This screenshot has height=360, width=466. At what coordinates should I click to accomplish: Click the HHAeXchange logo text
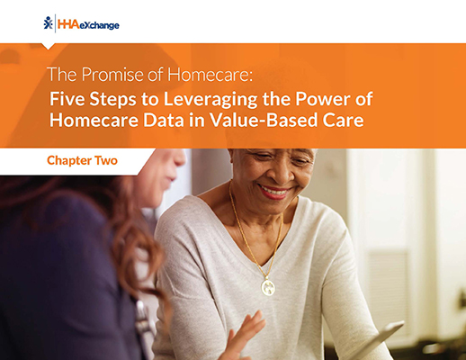click(89, 24)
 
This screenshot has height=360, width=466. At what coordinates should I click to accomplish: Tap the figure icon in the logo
click(48, 22)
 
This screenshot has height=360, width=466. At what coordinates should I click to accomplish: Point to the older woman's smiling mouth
click(275, 192)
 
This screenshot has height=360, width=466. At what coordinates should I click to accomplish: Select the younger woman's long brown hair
click(117, 234)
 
